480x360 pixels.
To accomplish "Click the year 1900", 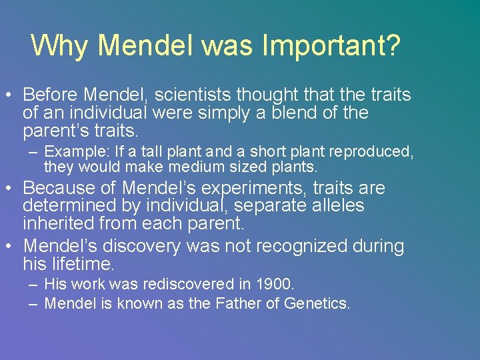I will point(274,284).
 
